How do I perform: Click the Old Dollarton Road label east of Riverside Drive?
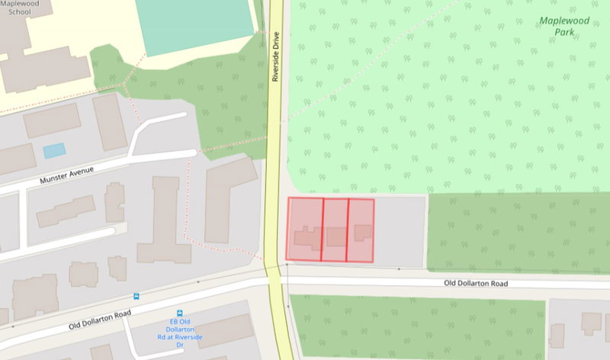(x=476, y=283)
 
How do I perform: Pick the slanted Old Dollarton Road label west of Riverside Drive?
(x=101, y=316)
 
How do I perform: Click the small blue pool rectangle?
(x=54, y=150)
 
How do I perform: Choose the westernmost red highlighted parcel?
(x=305, y=229)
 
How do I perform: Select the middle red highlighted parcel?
(x=335, y=230)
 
